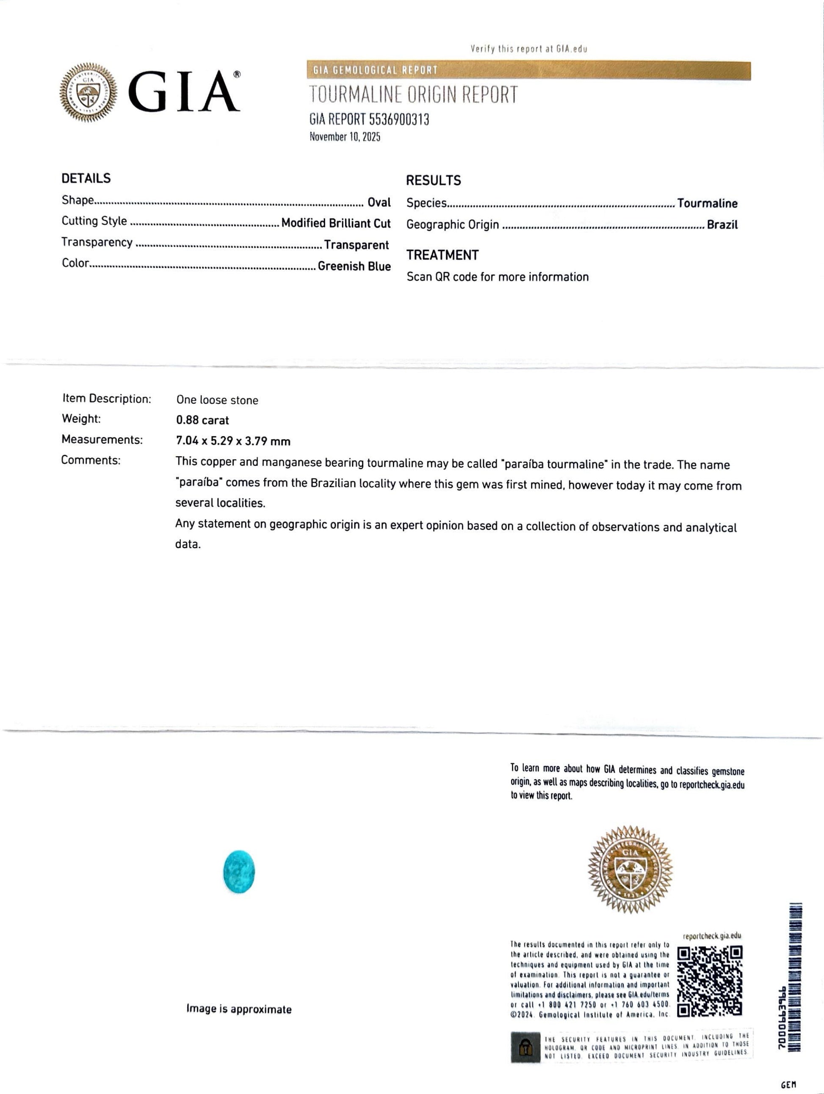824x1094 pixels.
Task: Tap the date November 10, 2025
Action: (345, 136)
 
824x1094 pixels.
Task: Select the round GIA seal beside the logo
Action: (88, 92)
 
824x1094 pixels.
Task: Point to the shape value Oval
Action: (379, 202)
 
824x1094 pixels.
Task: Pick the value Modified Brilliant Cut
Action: (336, 223)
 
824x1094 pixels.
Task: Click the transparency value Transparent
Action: (356, 245)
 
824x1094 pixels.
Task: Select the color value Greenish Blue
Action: (354, 266)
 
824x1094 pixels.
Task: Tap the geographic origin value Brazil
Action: (722, 224)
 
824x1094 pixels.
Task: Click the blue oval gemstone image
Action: (239, 872)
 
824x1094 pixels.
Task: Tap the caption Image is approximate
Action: (239, 1009)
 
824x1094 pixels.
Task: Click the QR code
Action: (709, 981)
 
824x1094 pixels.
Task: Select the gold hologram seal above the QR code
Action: (630, 869)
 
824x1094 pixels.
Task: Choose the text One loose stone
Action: (217, 400)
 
